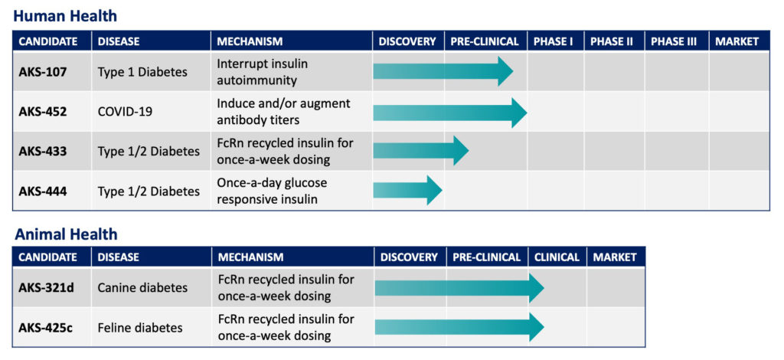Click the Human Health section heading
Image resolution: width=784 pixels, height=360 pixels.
click(x=65, y=16)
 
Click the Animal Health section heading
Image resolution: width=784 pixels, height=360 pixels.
click(x=66, y=234)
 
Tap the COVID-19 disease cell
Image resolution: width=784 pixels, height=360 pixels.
click(x=125, y=112)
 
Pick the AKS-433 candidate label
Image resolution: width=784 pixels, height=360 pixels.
click(x=43, y=151)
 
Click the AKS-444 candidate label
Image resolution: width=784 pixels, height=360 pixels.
click(x=43, y=191)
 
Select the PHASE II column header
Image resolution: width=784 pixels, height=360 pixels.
click(x=612, y=41)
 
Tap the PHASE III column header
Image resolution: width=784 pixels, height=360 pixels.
click(x=674, y=41)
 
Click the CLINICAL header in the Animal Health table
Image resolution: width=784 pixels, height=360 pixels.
click(x=557, y=257)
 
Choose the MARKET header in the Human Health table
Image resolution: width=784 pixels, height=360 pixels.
click(x=737, y=41)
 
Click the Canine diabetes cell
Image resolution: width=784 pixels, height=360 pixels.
click(x=142, y=288)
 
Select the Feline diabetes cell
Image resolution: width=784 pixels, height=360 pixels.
click(x=140, y=328)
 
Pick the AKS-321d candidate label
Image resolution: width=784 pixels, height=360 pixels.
click(x=46, y=288)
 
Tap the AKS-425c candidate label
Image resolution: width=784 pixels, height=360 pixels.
click(x=46, y=328)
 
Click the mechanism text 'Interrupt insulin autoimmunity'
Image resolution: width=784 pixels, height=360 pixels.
click(x=263, y=72)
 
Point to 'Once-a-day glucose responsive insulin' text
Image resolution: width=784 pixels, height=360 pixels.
click(x=272, y=191)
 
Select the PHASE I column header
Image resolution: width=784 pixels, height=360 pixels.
click(x=553, y=41)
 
